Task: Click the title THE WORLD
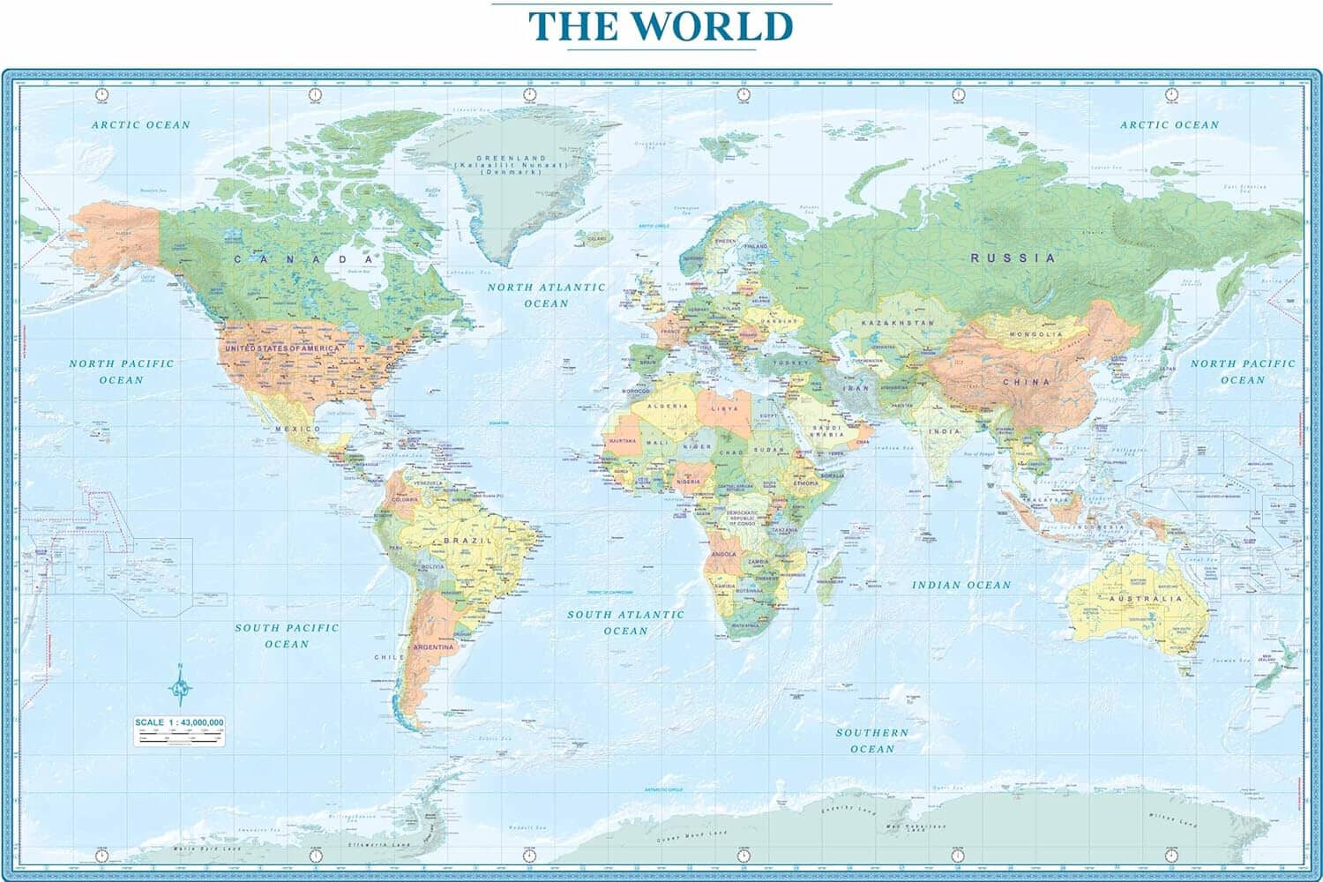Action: click(x=661, y=26)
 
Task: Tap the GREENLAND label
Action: click(x=512, y=159)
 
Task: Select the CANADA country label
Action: click(x=304, y=259)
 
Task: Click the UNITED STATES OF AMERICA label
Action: click(x=281, y=349)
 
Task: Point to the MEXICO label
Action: click(x=298, y=429)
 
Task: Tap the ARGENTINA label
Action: click(x=433, y=647)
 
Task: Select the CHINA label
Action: click(x=1026, y=382)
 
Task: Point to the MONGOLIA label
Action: click(x=1036, y=335)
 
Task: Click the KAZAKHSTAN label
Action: click(x=897, y=324)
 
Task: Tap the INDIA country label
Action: click(x=945, y=431)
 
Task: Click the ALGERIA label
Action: click(x=668, y=407)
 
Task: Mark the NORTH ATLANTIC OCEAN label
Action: click(x=547, y=295)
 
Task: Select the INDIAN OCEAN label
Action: click(x=961, y=585)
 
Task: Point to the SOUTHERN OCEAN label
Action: click(x=872, y=740)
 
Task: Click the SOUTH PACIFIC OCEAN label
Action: click(x=287, y=635)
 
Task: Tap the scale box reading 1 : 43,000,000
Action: click(x=179, y=731)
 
